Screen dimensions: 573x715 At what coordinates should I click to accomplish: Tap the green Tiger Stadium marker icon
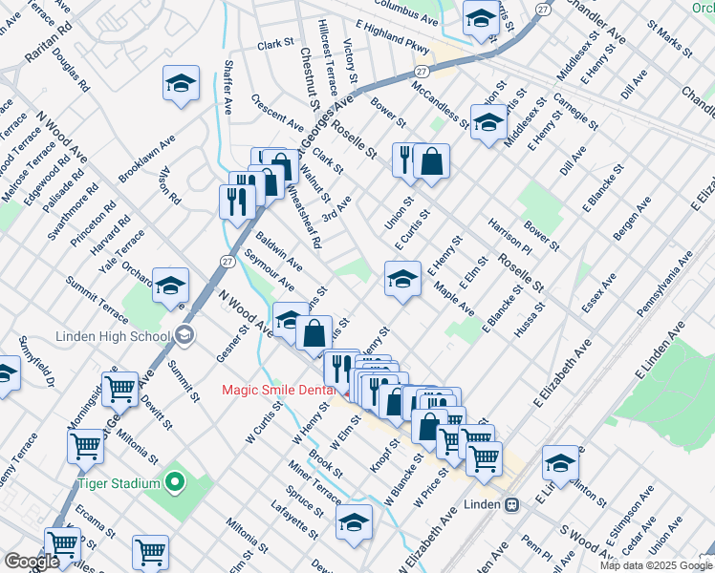(174, 483)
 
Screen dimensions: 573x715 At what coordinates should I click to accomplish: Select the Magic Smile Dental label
(278, 389)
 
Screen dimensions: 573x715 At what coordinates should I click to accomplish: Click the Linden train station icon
(512, 503)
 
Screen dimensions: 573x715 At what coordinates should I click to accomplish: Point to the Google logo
(32, 561)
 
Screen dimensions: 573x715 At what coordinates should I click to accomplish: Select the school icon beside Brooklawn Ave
(180, 83)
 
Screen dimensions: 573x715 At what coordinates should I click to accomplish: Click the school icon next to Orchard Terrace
(171, 284)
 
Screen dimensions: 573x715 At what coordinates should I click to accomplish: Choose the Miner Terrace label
(314, 483)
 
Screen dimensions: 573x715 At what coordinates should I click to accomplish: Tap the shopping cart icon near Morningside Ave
(119, 388)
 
